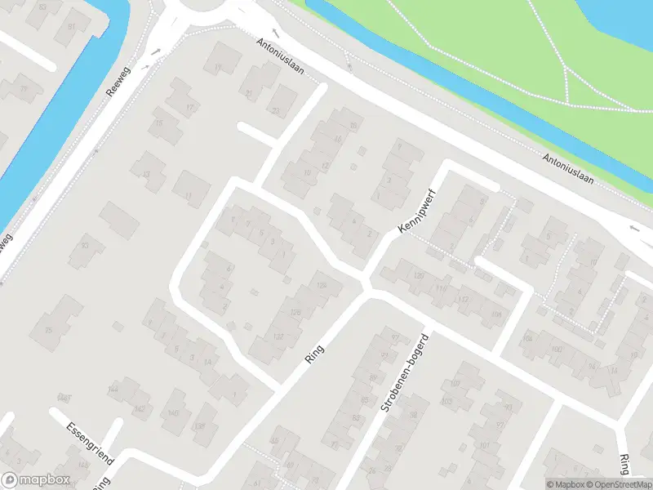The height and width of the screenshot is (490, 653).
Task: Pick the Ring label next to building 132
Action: coord(313,355)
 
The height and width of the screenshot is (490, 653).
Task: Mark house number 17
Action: coord(190,108)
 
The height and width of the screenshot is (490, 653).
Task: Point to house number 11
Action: coord(189,195)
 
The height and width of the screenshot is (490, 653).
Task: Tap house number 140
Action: coord(173,413)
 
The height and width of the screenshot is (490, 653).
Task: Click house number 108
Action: coord(495,314)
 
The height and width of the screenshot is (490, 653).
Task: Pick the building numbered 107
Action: coord(455,384)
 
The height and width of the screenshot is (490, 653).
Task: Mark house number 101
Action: coord(485,445)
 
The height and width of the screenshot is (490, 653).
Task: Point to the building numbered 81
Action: coord(71,26)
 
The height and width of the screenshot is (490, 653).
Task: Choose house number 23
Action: coord(276,111)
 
